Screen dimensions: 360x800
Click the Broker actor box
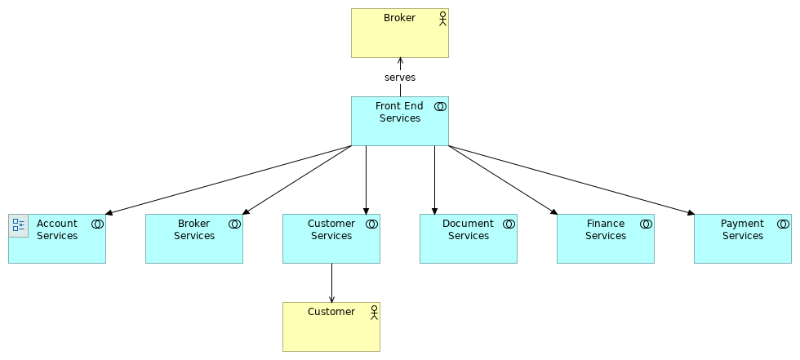point(400,37)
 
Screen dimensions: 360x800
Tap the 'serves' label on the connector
point(400,78)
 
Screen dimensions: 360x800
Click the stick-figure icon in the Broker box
point(442,19)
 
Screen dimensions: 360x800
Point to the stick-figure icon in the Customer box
point(374,312)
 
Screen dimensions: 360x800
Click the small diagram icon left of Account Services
point(19,225)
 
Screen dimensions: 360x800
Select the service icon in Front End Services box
point(440,106)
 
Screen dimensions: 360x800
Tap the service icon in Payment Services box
point(783,224)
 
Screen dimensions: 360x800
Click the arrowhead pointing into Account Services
point(109,213)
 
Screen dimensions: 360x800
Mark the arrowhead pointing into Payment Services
point(691,213)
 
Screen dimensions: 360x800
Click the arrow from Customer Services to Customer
point(331,282)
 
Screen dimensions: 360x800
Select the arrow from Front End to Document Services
point(434,180)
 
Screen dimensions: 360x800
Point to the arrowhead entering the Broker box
point(400,61)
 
